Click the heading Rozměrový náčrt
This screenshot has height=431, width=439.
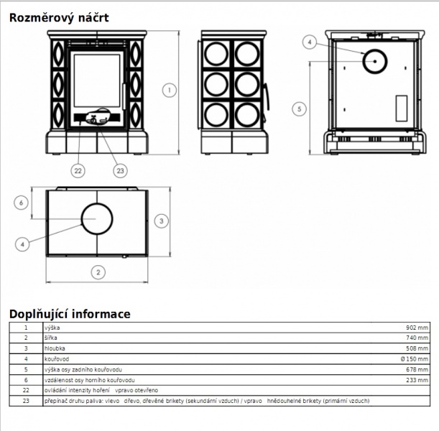click(59, 18)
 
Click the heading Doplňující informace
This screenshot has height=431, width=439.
click(70, 314)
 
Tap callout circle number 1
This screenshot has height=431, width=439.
click(170, 91)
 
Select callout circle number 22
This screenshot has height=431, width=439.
click(78, 171)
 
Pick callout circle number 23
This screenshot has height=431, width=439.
click(121, 171)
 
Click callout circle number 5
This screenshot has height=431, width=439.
click(300, 109)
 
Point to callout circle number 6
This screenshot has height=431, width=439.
click(21, 203)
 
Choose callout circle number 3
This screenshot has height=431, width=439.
click(161, 221)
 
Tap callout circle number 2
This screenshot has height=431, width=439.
click(98, 272)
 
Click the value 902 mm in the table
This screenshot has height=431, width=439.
click(417, 328)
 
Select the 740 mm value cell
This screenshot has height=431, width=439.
click(417, 338)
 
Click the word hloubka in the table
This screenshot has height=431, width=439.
click(55, 348)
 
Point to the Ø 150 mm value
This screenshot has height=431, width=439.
click(415, 359)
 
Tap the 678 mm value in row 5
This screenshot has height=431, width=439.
click(417, 370)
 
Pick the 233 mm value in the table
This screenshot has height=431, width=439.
click(417, 380)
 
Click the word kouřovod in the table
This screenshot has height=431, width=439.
click(57, 359)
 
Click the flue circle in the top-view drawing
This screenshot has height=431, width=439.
click(97, 203)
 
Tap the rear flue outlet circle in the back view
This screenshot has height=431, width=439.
click(375, 50)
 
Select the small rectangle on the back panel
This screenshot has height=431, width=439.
click(401, 108)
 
